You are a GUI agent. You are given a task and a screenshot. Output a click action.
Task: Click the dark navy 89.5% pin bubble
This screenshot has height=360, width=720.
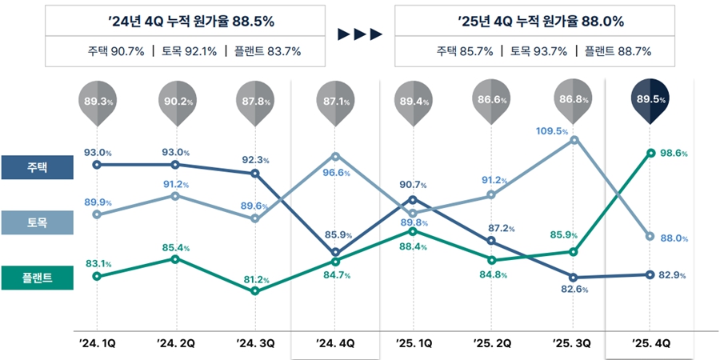650,99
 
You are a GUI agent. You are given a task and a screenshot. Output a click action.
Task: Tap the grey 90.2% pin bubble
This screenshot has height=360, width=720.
176,101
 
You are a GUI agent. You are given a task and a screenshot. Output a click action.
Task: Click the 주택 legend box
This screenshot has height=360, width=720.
38,167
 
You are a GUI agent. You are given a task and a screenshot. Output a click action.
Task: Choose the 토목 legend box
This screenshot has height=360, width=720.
38,223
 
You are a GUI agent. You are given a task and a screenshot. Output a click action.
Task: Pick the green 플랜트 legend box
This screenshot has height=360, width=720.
38,278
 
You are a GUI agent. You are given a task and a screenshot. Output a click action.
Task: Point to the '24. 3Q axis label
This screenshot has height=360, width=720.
255,342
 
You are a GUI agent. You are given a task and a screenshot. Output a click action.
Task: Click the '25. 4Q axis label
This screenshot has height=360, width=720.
650,342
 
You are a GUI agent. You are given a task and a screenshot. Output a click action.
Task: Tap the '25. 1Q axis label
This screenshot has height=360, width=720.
414,342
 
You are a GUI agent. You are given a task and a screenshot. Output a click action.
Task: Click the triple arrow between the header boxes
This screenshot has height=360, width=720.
360,34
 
